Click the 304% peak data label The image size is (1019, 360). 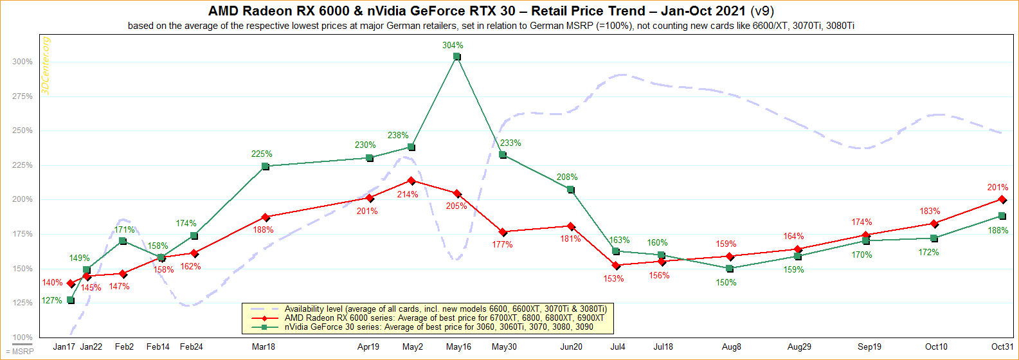[453, 46]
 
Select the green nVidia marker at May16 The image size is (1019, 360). [456, 57]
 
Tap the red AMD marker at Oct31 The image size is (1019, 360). [1002, 199]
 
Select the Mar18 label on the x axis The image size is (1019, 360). [263, 346]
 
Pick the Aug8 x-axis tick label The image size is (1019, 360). [731, 346]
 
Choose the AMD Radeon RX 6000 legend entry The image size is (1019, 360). [444, 318]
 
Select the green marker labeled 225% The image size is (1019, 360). [266, 166]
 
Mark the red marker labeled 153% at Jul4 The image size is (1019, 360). [616, 265]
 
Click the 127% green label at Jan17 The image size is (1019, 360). [52, 300]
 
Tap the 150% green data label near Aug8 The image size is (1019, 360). [727, 282]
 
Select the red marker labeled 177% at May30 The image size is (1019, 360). [503, 232]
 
